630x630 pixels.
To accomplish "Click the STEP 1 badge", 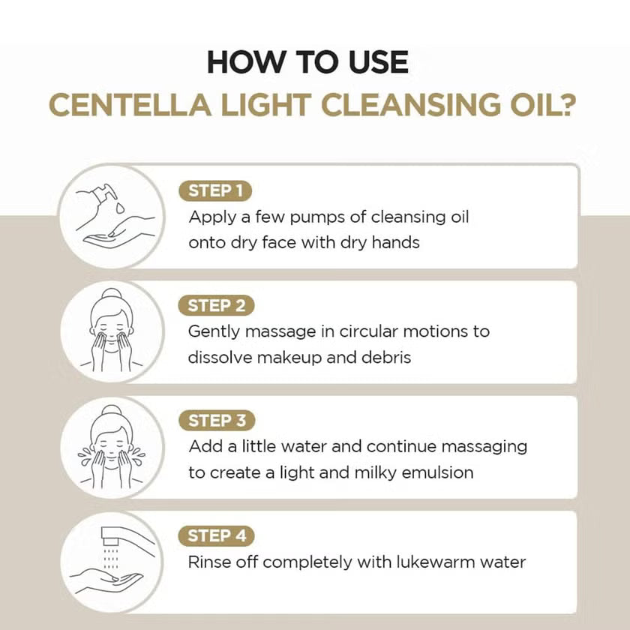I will pos(215,190).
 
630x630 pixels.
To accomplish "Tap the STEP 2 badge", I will pos(216,305).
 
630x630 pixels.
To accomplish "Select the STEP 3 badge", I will pos(216,420).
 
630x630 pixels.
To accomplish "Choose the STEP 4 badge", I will pos(216,535).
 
